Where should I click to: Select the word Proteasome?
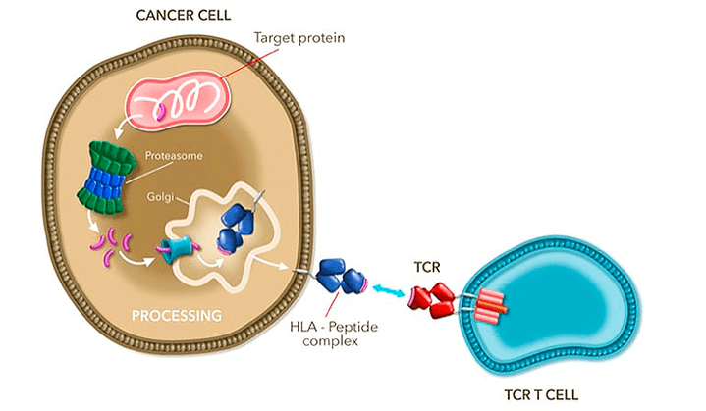pyautogui.click(x=171, y=155)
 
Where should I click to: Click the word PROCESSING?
pyautogui.click(x=177, y=315)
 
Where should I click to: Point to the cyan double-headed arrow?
pyautogui.click(x=388, y=290)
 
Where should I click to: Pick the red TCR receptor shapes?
pyautogui.click(x=433, y=298)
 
